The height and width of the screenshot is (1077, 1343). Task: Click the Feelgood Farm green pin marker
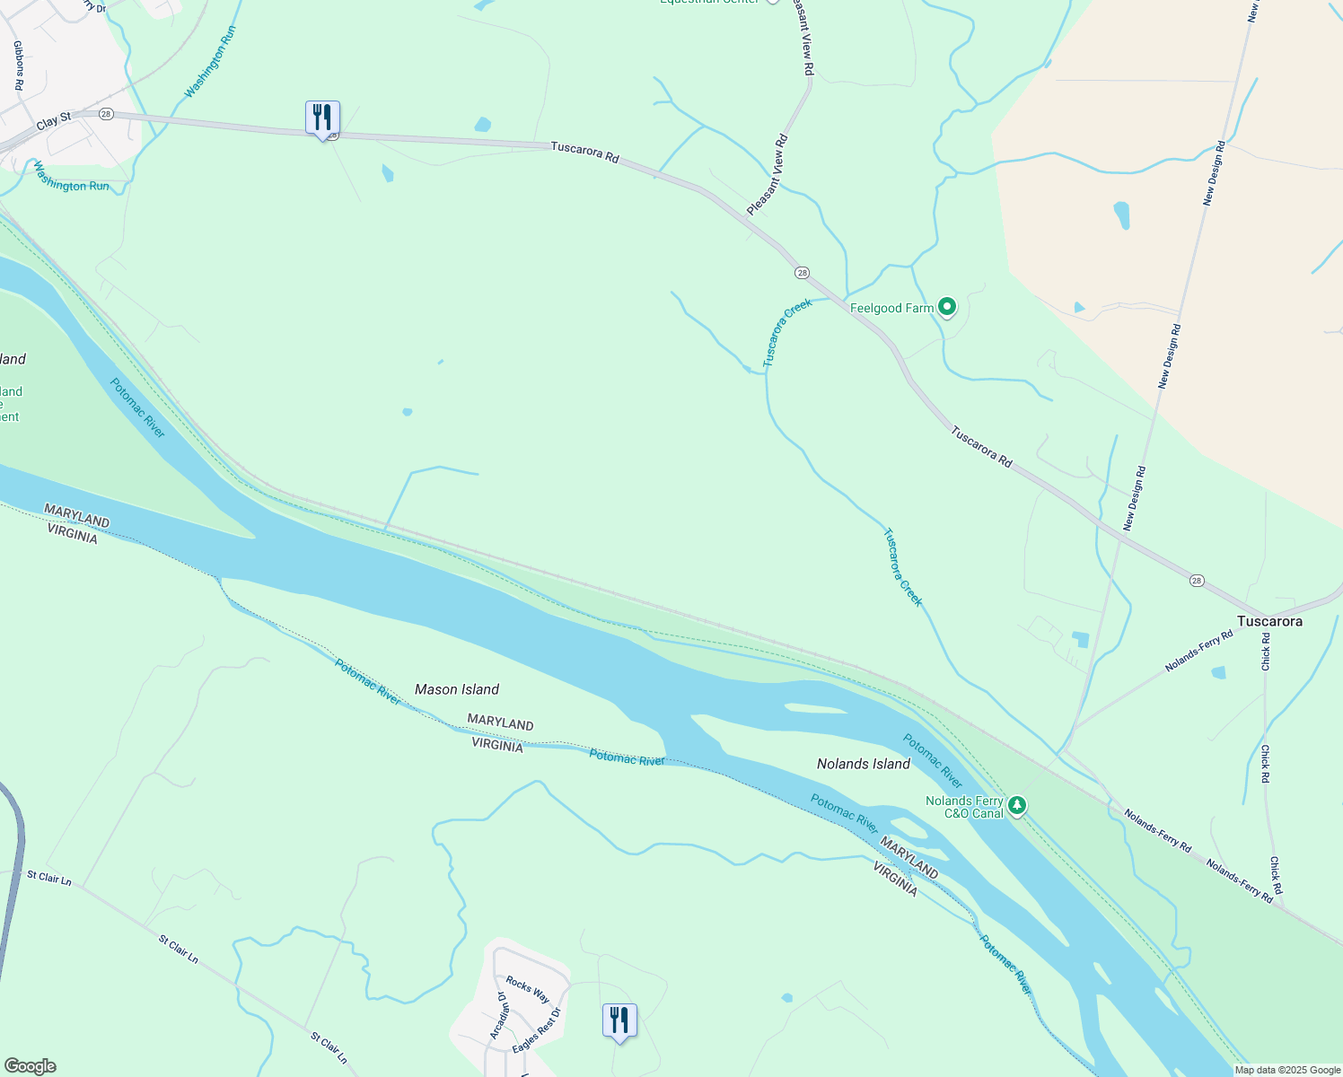coord(946,308)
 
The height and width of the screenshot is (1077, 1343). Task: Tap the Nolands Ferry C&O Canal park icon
coord(1016,805)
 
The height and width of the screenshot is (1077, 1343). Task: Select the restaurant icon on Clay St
coord(322,118)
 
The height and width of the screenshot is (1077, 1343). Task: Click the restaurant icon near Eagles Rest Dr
coord(619,1021)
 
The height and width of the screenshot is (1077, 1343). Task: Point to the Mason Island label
coord(457,689)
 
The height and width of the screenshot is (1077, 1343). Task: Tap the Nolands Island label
coord(864,764)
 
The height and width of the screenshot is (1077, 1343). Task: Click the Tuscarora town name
coord(1269,621)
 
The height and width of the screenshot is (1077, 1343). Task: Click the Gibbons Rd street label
coord(17,65)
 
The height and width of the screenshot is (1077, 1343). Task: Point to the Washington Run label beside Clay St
coord(72,176)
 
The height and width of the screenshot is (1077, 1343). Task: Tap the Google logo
coord(30,1066)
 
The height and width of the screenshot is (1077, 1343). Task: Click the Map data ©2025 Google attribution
coord(1287,1070)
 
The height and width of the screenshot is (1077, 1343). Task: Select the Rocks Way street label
coord(528,989)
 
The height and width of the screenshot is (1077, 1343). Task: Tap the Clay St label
coord(54,121)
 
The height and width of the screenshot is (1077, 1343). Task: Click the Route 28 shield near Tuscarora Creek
coord(802,273)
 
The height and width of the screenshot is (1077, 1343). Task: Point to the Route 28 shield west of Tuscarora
coord(1197,581)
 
